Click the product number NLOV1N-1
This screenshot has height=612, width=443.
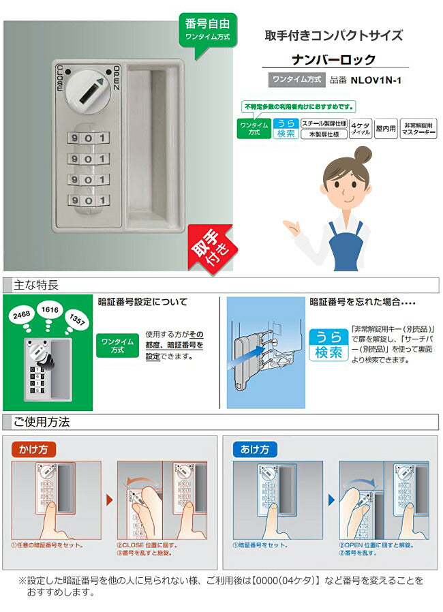pos(376,80)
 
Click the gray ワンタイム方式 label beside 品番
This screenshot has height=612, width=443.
pos(296,79)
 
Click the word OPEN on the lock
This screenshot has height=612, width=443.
pos(117,78)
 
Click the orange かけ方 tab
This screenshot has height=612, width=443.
pos(33,449)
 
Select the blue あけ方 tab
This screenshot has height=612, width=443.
pos(255,449)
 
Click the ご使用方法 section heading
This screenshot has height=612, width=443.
pos(42,422)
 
